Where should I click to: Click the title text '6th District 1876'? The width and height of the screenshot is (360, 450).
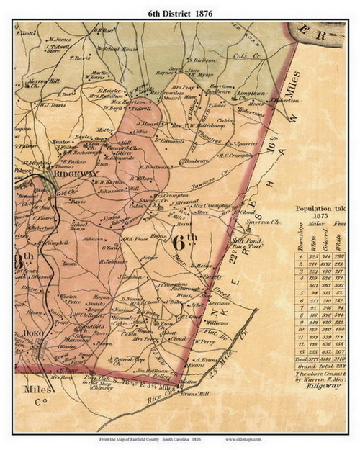point(179,10)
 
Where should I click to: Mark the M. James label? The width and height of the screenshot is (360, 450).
point(59,40)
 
